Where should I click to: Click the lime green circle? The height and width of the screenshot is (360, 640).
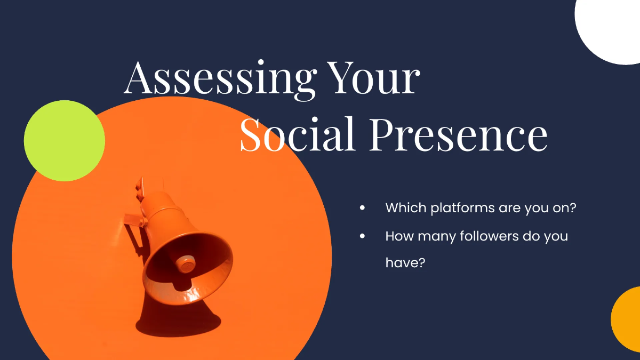click(65, 141)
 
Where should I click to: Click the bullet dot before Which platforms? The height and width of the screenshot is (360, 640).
click(363, 208)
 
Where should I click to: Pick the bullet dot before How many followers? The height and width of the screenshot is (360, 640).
click(363, 236)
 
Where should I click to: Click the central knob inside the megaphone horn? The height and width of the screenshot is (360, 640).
click(185, 263)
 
